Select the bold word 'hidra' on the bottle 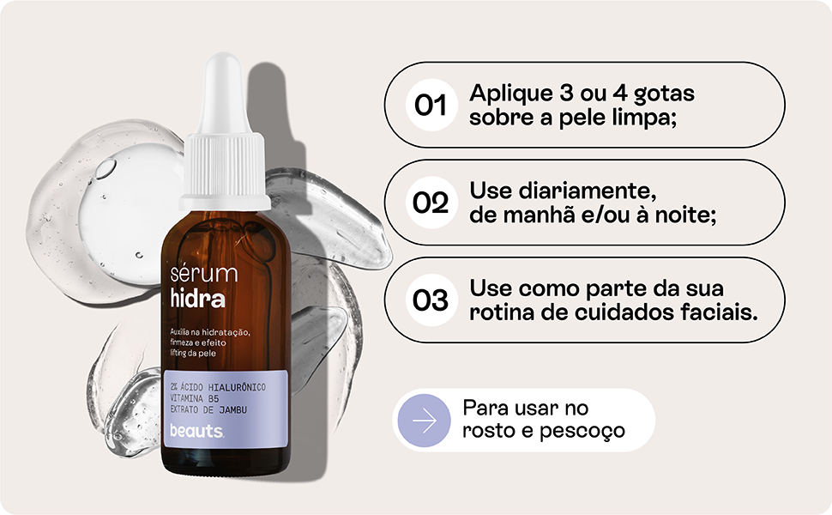[x=198, y=300]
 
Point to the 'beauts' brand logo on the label [x=196, y=431]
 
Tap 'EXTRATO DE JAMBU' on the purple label [x=209, y=410]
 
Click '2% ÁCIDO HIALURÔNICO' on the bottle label [x=218, y=388]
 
